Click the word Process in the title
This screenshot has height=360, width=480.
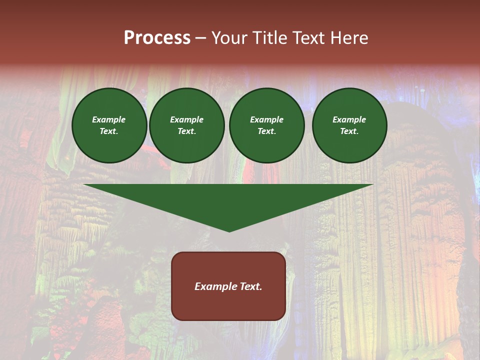157,38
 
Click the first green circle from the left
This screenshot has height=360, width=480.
109,125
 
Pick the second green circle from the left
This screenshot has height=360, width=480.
187,125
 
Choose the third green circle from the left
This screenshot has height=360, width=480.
266,125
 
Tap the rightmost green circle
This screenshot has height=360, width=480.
349,125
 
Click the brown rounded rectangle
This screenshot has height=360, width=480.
228,286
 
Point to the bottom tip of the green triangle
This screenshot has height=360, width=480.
229,231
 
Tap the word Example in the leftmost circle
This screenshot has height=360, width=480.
109,120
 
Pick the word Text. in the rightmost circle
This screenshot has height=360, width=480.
349,131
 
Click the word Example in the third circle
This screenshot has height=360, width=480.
266,120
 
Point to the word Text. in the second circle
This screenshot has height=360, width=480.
187,131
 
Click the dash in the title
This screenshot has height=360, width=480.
200,38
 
